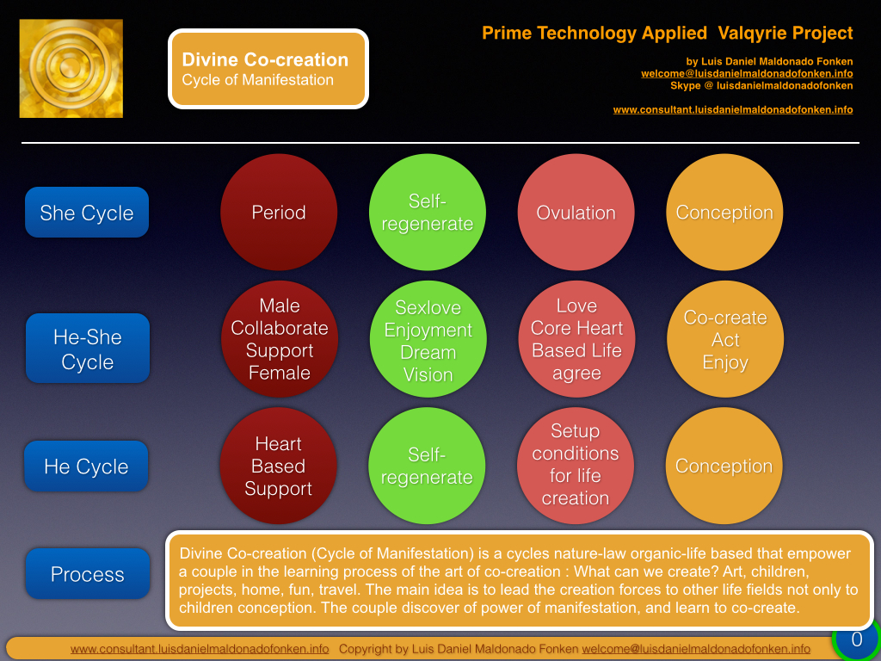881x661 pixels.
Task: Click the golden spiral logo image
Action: coord(71,69)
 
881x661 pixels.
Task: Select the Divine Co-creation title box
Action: coord(268,69)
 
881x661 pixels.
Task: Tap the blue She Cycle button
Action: coord(87,213)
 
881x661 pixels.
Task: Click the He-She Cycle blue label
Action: coord(88,349)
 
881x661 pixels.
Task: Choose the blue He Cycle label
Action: coord(87,466)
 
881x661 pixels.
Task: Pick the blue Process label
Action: coord(88,574)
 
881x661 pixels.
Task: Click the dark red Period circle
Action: coord(279,213)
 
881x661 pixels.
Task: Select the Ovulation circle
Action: coord(576,213)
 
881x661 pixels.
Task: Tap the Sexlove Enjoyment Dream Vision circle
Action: coord(428,339)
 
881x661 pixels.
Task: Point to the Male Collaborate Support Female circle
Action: coord(280,339)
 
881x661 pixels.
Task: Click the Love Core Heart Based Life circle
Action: coord(577,339)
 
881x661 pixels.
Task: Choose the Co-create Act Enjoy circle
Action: coord(725,339)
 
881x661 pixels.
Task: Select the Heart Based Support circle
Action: coord(278,466)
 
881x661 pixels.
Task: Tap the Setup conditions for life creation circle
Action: coord(576,466)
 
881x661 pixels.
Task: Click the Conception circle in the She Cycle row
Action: coord(724,213)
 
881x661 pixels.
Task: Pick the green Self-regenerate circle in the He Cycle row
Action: coord(427,466)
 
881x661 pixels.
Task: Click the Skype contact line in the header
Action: coord(761,86)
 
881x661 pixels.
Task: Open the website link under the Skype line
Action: coord(733,109)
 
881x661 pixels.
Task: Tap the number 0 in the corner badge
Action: coord(857,639)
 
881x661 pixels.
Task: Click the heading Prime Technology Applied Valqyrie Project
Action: coord(668,34)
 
